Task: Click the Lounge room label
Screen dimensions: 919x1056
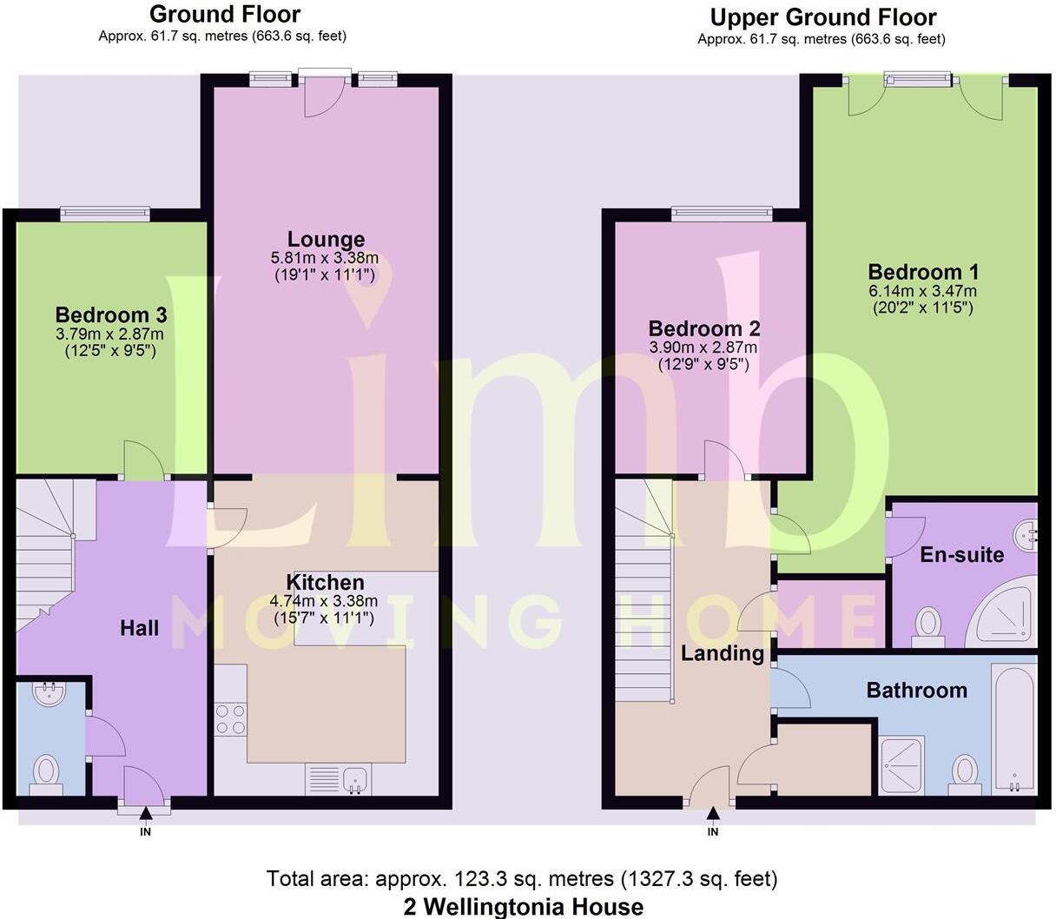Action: click(326, 240)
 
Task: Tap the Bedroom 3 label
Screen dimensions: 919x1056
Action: click(111, 314)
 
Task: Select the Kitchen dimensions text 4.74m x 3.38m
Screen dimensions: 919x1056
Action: click(324, 601)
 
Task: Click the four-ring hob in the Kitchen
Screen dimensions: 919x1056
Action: click(230, 719)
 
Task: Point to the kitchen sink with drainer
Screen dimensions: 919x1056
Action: click(338, 778)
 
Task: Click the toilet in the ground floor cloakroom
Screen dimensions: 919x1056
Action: click(46, 772)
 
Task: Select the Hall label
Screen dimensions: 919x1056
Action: click(139, 628)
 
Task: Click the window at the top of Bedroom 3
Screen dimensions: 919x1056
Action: click(105, 214)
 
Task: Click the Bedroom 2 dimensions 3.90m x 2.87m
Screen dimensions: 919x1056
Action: click(703, 347)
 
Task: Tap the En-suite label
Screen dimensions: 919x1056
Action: click(961, 555)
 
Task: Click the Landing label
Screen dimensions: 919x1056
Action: click(722, 653)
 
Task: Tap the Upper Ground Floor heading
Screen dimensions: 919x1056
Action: click(822, 17)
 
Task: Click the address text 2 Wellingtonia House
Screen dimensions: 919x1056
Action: click(524, 907)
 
